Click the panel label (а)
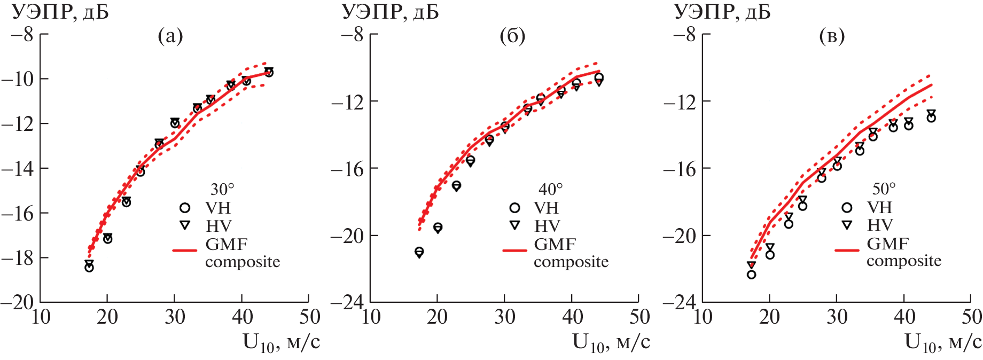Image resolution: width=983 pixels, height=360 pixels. (x=170, y=36)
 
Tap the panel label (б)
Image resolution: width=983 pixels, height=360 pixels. (x=512, y=36)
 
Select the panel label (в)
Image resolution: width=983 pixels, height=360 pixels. (x=832, y=36)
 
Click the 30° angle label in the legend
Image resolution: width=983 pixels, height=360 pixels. (x=222, y=189)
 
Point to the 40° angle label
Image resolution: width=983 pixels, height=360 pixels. (x=551, y=189)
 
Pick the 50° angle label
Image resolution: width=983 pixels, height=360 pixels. (x=884, y=189)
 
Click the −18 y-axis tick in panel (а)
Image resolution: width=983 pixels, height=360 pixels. (x=17, y=258)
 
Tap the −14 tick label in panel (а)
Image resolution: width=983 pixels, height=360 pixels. (x=17, y=169)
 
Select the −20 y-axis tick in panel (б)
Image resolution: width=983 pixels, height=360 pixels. (x=348, y=236)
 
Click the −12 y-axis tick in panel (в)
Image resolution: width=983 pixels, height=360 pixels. (x=680, y=101)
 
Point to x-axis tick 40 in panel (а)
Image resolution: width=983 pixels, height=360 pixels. (x=242, y=317)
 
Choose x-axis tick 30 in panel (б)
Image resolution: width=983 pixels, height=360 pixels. (x=505, y=317)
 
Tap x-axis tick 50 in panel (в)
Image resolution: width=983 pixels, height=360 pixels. (x=971, y=317)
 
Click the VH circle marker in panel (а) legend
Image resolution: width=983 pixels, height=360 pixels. (x=185, y=208)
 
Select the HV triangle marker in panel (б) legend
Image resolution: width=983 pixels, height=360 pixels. (x=515, y=225)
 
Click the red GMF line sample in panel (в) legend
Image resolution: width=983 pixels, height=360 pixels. (x=847, y=249)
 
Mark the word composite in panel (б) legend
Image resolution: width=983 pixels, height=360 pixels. (x=571, y=262)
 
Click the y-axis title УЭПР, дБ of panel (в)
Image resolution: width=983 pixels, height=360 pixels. (x=722, y=12)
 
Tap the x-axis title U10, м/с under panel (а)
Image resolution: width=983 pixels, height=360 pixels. (x=282, y=342)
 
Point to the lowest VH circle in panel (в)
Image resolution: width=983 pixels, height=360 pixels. (x=751, y=275)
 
